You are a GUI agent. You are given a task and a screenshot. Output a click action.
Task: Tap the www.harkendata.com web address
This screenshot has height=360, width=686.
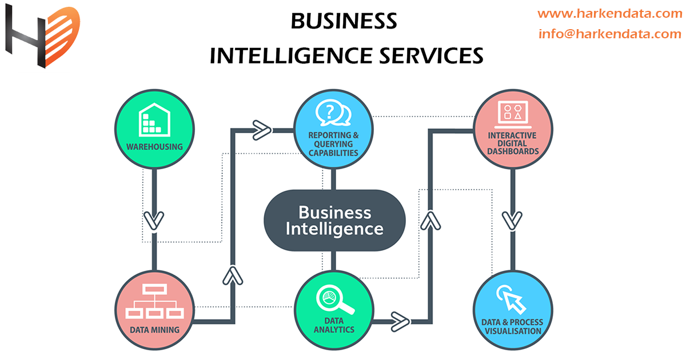pos(610,14)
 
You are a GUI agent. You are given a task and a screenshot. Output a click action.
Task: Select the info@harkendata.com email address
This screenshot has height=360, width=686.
pos(610,34)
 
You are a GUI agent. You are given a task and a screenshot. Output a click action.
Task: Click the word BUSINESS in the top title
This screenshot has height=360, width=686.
pos(344,21)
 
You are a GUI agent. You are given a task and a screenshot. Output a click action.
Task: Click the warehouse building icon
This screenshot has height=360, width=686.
pos(154,118)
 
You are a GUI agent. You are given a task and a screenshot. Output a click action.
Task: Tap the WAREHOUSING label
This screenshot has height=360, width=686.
pos(154,146)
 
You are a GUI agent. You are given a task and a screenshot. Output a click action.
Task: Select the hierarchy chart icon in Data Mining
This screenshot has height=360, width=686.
pos(154,303)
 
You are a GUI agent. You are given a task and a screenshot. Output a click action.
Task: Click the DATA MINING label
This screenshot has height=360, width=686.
pos(154,330)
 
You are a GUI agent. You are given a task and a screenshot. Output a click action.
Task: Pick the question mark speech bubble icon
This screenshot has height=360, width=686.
pos(333,113)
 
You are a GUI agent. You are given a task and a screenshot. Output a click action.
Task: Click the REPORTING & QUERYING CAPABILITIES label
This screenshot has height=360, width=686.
pos(333,144)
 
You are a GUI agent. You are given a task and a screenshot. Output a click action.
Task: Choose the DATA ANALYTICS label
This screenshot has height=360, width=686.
pos(334,325)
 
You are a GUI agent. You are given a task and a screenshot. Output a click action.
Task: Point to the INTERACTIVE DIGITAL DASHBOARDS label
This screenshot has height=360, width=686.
pos(513,144)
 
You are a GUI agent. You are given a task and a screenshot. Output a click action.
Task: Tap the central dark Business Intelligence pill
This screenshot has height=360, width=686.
pos(334,221)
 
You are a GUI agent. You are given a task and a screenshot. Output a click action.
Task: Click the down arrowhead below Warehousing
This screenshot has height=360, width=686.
pos(153,221)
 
